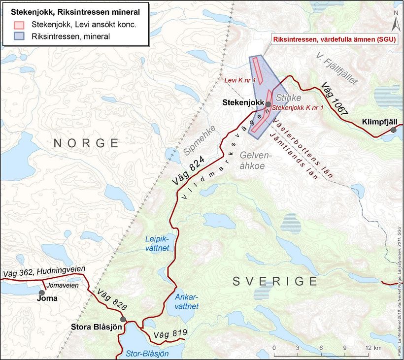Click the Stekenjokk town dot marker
point(268,104)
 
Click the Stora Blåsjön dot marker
point(123,319)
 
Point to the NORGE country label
point(86,143)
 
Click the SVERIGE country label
point(274,281)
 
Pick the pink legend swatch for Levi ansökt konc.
point(19,25)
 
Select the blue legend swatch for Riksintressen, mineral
point(19,36)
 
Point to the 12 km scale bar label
point(373,348)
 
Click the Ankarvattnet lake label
point(186,301)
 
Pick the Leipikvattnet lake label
point(157,243)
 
